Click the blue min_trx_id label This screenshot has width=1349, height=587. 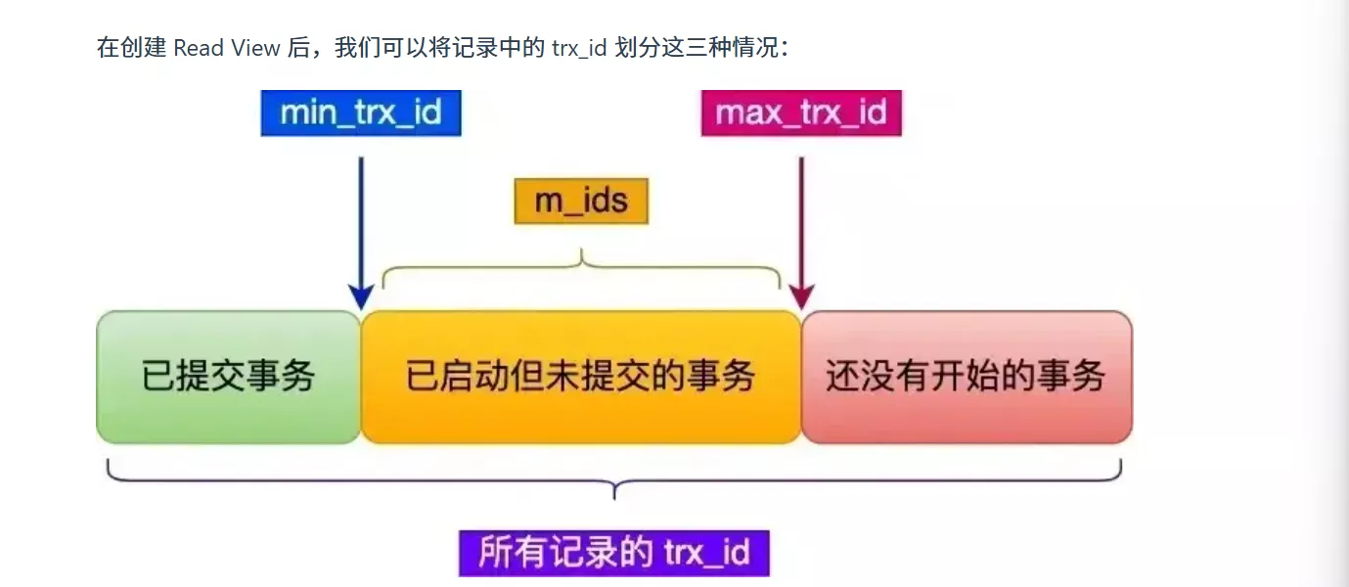360,113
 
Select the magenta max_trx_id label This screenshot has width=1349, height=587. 800,113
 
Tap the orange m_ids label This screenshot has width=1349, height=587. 581,202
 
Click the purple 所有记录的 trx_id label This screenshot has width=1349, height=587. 613,553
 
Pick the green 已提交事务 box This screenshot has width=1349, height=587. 228,377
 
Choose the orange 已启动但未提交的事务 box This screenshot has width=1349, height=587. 581,377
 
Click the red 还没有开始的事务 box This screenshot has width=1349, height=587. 966,377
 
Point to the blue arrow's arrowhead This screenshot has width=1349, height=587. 361,297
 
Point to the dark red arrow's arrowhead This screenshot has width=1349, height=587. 801,297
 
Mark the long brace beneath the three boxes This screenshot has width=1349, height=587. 613,479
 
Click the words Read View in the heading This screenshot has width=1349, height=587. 227,48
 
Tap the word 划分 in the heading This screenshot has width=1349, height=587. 636,48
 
